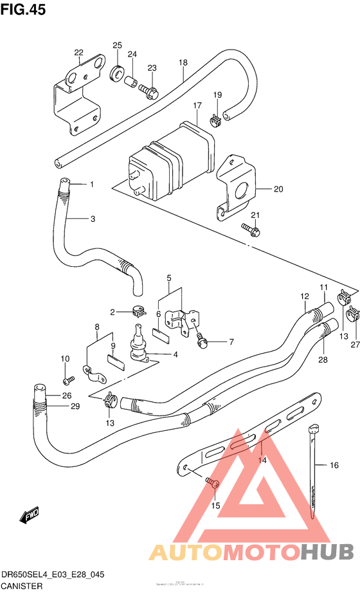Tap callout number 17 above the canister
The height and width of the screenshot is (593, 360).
pyautogui.click(x=196, y=105)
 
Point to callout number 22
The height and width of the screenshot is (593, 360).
pyautogui.click(x=78, y=53)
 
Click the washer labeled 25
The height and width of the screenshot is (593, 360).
pyautogui.click(x=118, y=71)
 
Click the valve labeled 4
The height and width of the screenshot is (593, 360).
pyautogui.click(x=138, y=344)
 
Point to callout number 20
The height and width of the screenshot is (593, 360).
pyautogui.click(x=278, y=189)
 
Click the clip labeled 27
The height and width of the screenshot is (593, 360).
pyautogui.click(x=352, y=315)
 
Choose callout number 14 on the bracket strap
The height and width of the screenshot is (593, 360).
pyautogui.click(x=262, y=460)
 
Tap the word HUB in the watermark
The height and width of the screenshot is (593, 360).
pyautogui.click(x=327, y=551)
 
